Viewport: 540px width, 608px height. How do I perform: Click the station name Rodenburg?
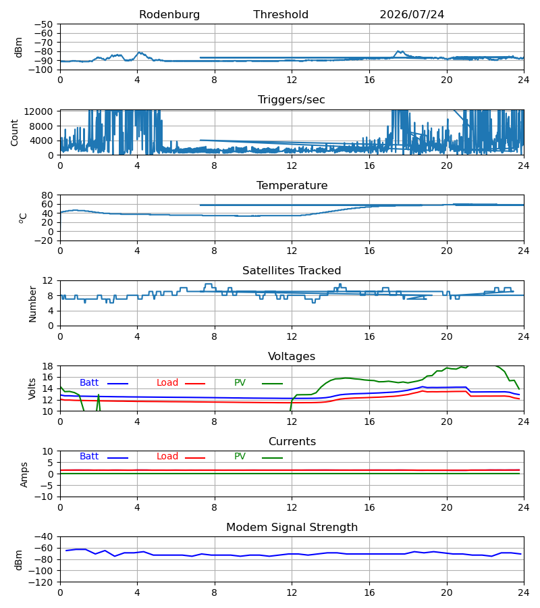pyautogui.click(x=169, y=15)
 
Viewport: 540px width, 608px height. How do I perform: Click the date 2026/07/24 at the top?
pyautogui.click(x=412, y=15)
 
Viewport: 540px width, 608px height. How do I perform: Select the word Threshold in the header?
pyautogui.click(x=281, y=15)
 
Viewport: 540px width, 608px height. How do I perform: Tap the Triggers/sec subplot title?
pyautogui.click(x=292, y=100)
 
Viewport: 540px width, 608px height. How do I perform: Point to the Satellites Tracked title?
pyautogui.click(x=292, y=271)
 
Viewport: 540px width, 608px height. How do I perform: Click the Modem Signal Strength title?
pyautogui.click(x=292, y=528)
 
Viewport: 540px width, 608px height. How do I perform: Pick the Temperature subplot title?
pyautogui.click(x=292, y=185)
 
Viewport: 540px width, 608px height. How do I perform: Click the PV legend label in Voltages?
pyautogui.click(x=240, y=383)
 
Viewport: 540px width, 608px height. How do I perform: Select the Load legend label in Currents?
pyautogui.click(x=167, y=457)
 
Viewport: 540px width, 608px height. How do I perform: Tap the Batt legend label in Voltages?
pyautogui.click(x=89, y=383)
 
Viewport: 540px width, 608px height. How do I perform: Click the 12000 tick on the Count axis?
pyautogui.click(x=38, y=111)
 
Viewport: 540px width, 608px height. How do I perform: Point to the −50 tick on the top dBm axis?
pyautogui.click(x=43, y=24)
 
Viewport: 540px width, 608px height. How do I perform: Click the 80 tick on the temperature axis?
pyautogui.click(x=47, y=195)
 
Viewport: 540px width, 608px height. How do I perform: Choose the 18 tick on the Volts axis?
pyautogui.click(x=47, y=366)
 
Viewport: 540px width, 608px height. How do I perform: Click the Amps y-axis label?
pyautogui.click(x=24, y=475)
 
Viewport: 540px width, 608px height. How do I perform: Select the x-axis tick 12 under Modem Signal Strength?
pyautogui.click(x=292, y=593)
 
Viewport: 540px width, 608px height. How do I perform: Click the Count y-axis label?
pyautogui.click(x=15, y=133)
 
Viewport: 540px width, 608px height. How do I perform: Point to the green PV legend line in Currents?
pyautogui.click(x=272, y=458)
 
